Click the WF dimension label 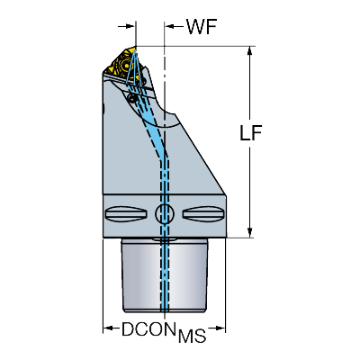(x=202, y=26)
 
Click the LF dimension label (x=251, y=132)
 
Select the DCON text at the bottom (x=148, y=329)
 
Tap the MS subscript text (x=193, y=336)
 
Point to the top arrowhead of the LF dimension (x=249, y=50)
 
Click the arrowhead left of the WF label (x=169, y=26)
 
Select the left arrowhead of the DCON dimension (x=107, y=328)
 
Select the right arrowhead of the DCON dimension (x=220, y=328)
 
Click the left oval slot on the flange (x=126, y=213)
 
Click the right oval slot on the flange (x=203, y=213)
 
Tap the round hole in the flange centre (x=165, y=213)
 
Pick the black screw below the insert (x=131, y=97)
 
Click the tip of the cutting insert (x=136, y=47)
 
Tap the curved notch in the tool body (x=168, y=119)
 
